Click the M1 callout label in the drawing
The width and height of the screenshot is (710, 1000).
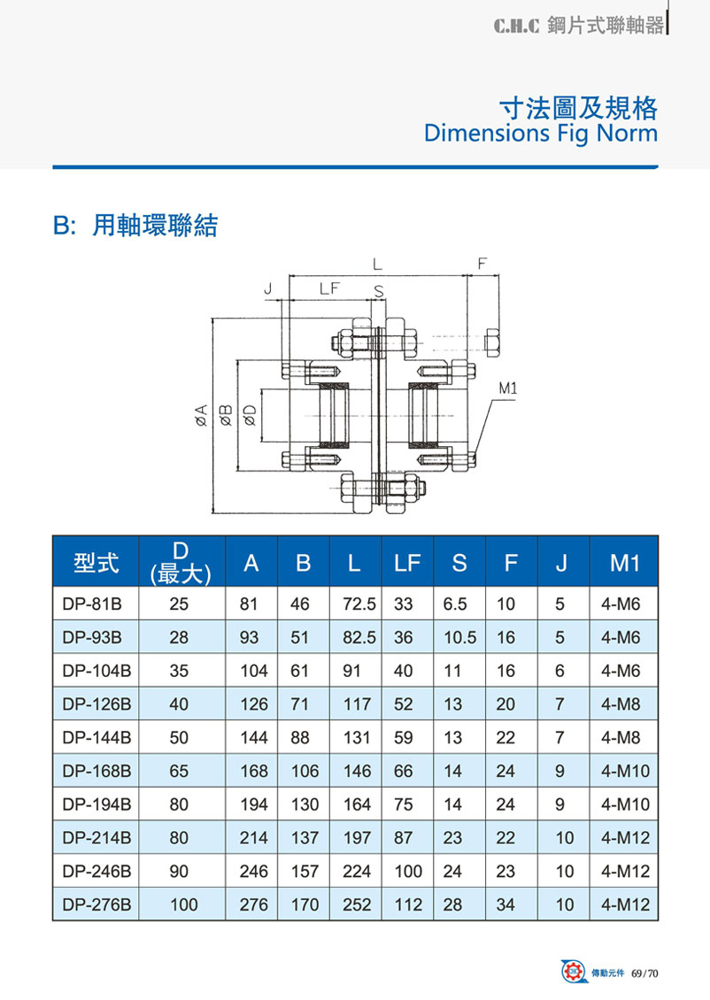coord(508,388)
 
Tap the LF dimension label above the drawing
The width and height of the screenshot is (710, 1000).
coord(329,288)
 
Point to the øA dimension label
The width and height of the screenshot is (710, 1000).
coord(201,415)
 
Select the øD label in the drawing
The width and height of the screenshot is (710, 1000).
coord(250,415)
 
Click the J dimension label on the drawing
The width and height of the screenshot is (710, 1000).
coord(268,289)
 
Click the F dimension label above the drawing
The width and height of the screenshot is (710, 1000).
coord(482,264)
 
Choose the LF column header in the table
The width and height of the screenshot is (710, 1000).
coord(407,563)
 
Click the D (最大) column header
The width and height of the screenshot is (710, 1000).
coord(181,563)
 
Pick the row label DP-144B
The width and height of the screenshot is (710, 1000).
coord(97,737)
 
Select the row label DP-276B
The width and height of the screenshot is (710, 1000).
coord(97,904)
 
